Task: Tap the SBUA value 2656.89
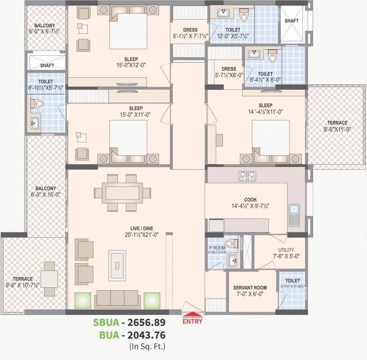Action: pyautogui.click(x=143, y=323)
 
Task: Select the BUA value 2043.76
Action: pyautogui.click(x=143, y=335)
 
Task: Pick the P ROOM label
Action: pyautogui.click(x=217, y=249)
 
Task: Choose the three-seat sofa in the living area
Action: pyautogui.click(x=117, y=299)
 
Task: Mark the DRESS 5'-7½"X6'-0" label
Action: pyautogui.click(x=229, y=72)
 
